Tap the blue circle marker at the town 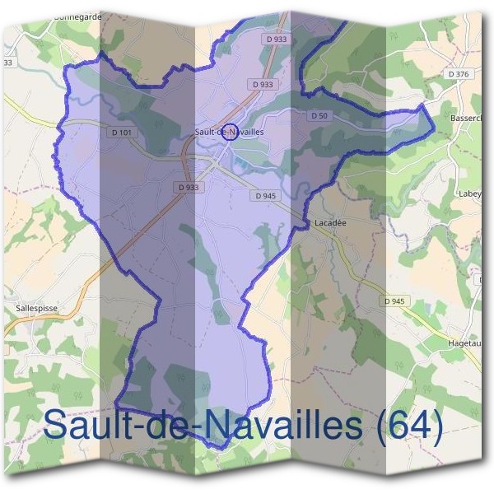(231, 132)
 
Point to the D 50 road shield (319, 116)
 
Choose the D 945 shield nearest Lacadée (265, 195)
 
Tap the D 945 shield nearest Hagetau (394, 301)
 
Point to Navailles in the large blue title (279, 425)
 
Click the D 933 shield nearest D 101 (188, 187)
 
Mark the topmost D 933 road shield (277, 40)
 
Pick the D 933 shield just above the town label (263, 84)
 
